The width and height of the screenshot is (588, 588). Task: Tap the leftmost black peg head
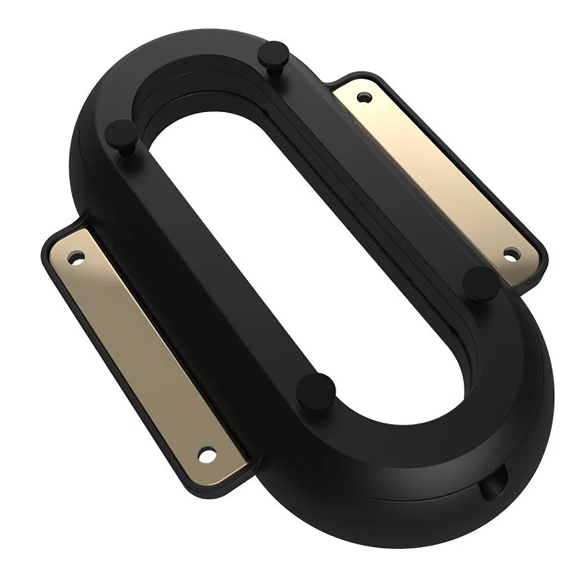point(121,131)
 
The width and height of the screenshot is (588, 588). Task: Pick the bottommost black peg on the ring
point(316,389)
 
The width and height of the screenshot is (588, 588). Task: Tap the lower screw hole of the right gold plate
point(511,255)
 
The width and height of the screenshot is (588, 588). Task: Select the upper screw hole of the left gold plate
point(75,258)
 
